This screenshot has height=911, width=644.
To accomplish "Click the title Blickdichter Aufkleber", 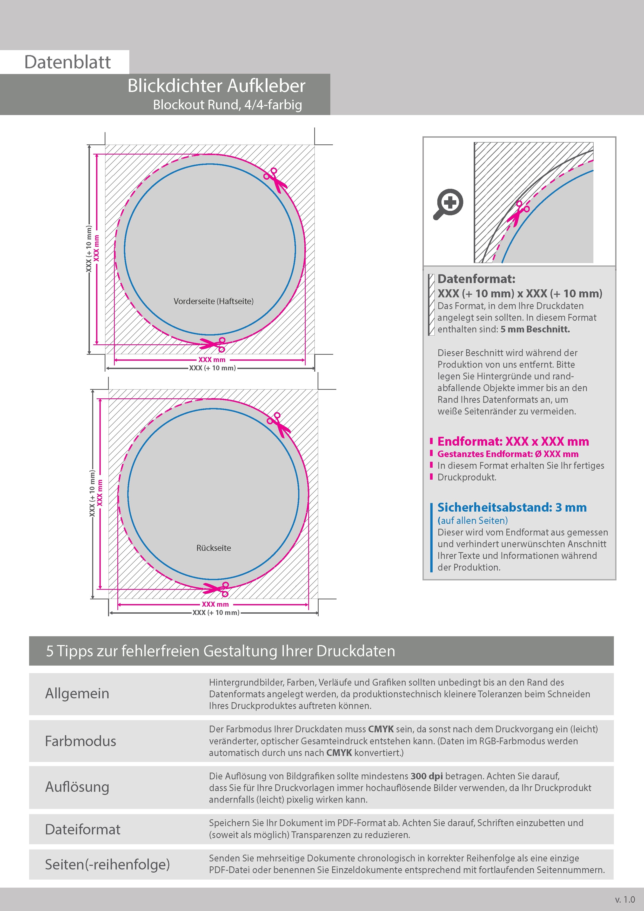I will (x=216, y=86).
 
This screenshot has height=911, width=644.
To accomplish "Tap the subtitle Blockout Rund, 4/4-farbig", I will (x=227, y=105).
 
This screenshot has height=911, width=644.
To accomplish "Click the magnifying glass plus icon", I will (x=448, y=204).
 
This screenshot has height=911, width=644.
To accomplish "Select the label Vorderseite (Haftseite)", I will (x=213, y=301).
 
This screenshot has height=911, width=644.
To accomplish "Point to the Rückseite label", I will (x=213, y=548).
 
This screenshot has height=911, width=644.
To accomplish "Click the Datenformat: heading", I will (x=476, y=279).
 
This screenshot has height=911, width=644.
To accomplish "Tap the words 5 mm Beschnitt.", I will (x=535, y=329).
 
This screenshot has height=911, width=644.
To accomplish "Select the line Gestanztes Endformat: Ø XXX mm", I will (x=508, y=454).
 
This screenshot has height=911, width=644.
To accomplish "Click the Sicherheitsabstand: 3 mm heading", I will (x=512, y=507).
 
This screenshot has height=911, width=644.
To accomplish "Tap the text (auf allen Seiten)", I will (x=473, y=521).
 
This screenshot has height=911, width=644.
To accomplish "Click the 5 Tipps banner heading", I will (x=221, y=651).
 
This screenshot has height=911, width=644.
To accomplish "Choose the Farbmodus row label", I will (x=81, y=741).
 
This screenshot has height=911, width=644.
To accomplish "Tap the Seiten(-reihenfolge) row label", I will (x=107, y=864).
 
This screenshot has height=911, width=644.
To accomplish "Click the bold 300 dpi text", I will (x=427, y=776).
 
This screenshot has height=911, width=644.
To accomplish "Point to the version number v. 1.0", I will (x=625, y=900).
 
